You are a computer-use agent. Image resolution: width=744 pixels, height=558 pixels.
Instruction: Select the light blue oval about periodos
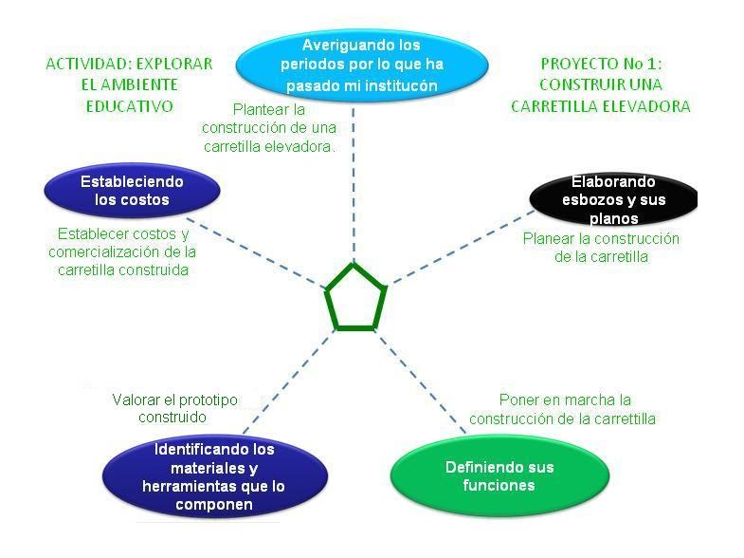point(361,65)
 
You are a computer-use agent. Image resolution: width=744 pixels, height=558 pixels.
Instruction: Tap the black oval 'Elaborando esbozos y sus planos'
point(613,199)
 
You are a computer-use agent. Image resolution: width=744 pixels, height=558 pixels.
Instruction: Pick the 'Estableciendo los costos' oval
point(132,190)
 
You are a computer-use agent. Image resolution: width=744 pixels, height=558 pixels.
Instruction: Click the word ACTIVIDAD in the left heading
point(88,65)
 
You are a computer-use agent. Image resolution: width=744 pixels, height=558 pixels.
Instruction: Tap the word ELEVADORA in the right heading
point(645,106)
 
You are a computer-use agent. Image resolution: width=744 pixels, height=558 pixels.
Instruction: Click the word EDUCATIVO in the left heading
point(129,106)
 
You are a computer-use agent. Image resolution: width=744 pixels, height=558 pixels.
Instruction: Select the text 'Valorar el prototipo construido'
point(174,408)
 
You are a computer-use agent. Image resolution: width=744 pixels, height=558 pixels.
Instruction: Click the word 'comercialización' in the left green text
point(106,251)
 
